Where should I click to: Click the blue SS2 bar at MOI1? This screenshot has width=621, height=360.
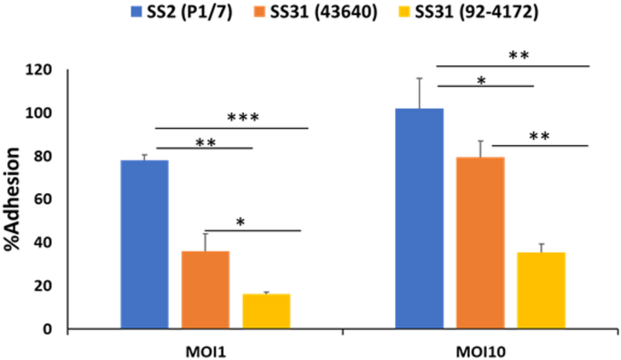[x=144, y=244]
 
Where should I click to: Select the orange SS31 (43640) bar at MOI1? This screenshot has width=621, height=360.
[x=205, y=289]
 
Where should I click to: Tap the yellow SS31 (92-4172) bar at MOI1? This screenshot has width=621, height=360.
[x=266, y=311]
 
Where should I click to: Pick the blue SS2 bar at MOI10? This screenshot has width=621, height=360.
[x=419, y=219]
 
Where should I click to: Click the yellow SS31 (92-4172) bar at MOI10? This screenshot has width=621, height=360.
[x=540, y=290]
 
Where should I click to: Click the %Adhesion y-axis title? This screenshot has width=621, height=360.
[x=19, y=199]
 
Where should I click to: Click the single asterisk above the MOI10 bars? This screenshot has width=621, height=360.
[x=481, y=81]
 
